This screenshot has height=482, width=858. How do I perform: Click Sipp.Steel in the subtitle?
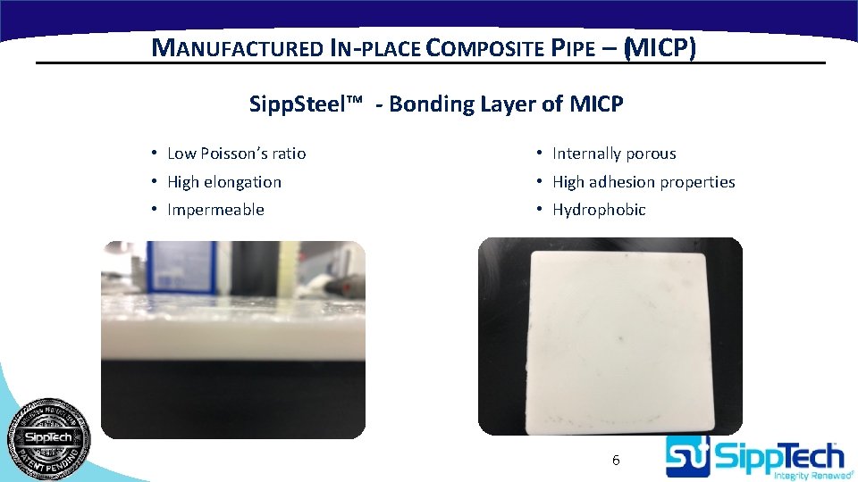tap(299, 104)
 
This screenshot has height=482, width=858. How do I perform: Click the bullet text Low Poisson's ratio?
tap(236, 154)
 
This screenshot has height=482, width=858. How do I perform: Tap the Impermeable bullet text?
tap(215, 210)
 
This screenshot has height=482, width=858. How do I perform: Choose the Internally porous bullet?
tap(614, 154)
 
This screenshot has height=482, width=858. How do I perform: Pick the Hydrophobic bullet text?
tap(599, 210)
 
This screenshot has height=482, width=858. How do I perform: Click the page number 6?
tap(616, 461)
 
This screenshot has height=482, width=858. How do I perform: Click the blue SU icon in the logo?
tap(686, 457)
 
